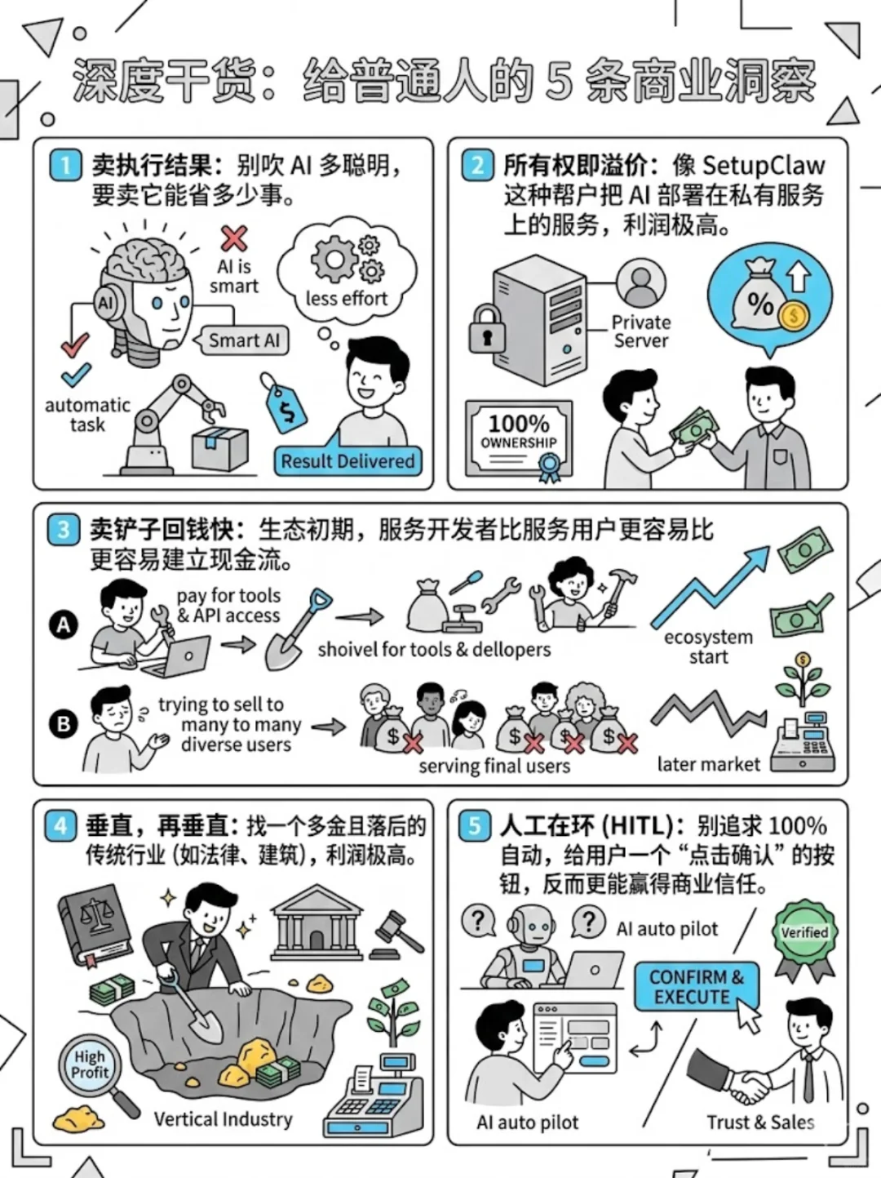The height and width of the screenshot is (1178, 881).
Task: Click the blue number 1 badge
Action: (65, 165)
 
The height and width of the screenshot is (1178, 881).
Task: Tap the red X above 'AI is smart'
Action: (234, 238)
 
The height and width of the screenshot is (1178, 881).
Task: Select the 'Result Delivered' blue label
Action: (348, 461)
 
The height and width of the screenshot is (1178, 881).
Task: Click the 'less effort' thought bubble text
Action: (347, 299)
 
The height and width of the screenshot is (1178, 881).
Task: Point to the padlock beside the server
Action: (487, 329)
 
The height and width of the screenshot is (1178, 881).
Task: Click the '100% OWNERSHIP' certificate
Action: (519, 437)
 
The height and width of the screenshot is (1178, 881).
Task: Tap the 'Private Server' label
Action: (641, 331)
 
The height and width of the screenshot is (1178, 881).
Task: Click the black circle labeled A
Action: (64, 625)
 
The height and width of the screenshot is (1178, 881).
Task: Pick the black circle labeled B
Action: (64, 724)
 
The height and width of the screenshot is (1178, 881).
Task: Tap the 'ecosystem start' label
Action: (708, 647)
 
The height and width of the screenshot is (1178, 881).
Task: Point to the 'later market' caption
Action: (708, 764)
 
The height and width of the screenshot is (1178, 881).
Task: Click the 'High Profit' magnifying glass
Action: (91, 1067)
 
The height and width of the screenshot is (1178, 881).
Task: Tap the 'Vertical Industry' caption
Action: (223, 1119)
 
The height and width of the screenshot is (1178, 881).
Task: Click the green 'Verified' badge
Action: (804, 935)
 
